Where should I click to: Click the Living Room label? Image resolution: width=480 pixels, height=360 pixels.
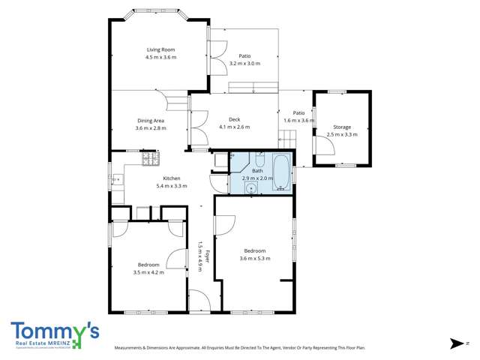pos(160,49)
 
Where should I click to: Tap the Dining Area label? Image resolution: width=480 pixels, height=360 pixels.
pos(150,120)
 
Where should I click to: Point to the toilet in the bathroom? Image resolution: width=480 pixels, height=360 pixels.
pos(259,159)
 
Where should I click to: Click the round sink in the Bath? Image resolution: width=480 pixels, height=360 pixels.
pos(250,186)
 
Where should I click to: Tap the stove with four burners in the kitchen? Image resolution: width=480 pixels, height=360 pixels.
pos(151,158)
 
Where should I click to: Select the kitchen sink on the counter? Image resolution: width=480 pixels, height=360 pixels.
pos(117,179)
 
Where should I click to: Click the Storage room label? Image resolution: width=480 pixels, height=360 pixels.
pos(342,127)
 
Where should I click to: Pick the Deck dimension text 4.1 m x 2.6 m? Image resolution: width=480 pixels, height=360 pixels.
pos(234,127)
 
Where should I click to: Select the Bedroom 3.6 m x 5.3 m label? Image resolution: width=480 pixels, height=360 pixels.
pos(254,250)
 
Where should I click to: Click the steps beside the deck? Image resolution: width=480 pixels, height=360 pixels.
pos(288,138)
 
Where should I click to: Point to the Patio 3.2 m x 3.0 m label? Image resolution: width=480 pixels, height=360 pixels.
pos(244,55)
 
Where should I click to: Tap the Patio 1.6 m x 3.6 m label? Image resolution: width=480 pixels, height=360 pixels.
pos(298,112)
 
